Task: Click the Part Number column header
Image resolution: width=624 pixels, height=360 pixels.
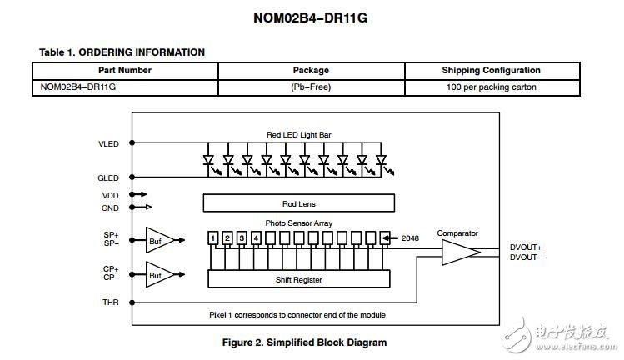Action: click(x=125, y=71)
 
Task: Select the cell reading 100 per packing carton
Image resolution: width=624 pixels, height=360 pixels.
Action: click(x=491, y=87)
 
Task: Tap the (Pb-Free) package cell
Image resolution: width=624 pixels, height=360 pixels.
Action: click(x=311, y=87)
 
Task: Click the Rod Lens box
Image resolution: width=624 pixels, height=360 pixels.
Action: click(x=299, y=203)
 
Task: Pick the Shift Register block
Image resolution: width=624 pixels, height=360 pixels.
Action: click(x=299, y=279)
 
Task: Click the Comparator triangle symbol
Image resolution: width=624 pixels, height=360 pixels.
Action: click(x=461, y=252)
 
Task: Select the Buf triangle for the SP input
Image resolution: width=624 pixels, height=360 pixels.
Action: click(x=160, y=240)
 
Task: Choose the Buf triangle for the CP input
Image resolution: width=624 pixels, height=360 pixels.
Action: click(x=160, y=274)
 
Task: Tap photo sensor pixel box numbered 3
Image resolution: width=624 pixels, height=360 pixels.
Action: click(x=242, y=238)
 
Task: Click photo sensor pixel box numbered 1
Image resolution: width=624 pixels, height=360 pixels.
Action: click(x=213, y=238)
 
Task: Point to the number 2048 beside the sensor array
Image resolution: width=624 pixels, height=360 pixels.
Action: click(x=410, y=238)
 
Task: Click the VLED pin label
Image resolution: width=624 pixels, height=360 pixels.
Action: click(x=108, y=144)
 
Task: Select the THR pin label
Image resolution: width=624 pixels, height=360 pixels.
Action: click(x=111, y=302)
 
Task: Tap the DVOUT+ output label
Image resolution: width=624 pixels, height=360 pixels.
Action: click(x=526, y=247)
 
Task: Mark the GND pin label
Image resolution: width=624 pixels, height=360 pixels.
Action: click(x=110, y=207)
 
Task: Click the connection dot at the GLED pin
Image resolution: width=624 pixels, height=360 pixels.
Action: click(x=132, y=177)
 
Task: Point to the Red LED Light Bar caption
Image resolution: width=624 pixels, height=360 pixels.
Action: click(x=299, y=135)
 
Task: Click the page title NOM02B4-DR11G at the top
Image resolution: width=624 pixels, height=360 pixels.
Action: click(x=311, y=18)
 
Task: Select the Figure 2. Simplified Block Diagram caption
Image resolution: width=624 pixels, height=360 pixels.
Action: click(x=304, y=342)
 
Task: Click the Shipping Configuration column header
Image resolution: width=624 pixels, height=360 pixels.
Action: click(x=491, y=71)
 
